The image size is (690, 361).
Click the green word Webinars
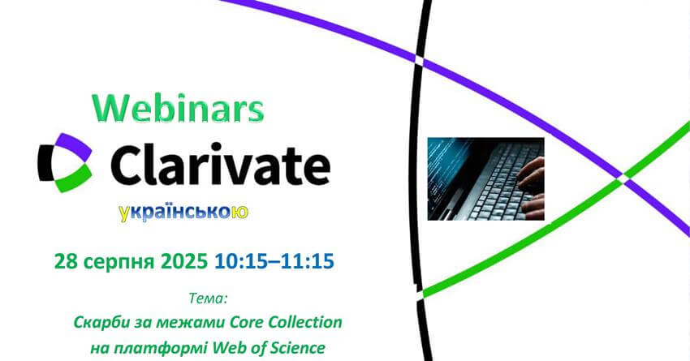tap(178, 108)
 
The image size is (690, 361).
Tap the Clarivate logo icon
tap(65, 162)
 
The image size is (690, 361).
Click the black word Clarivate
tap(220, 164)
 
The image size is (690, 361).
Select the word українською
tap(183, 213)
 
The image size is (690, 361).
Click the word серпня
tap(119, 263)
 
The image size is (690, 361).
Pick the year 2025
tap(184, 262)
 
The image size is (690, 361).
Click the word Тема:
tap(208, 299)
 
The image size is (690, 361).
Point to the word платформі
tap(160, 348)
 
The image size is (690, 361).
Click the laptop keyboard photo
tap(485, 179)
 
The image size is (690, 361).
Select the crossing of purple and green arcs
tap(623, 176)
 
